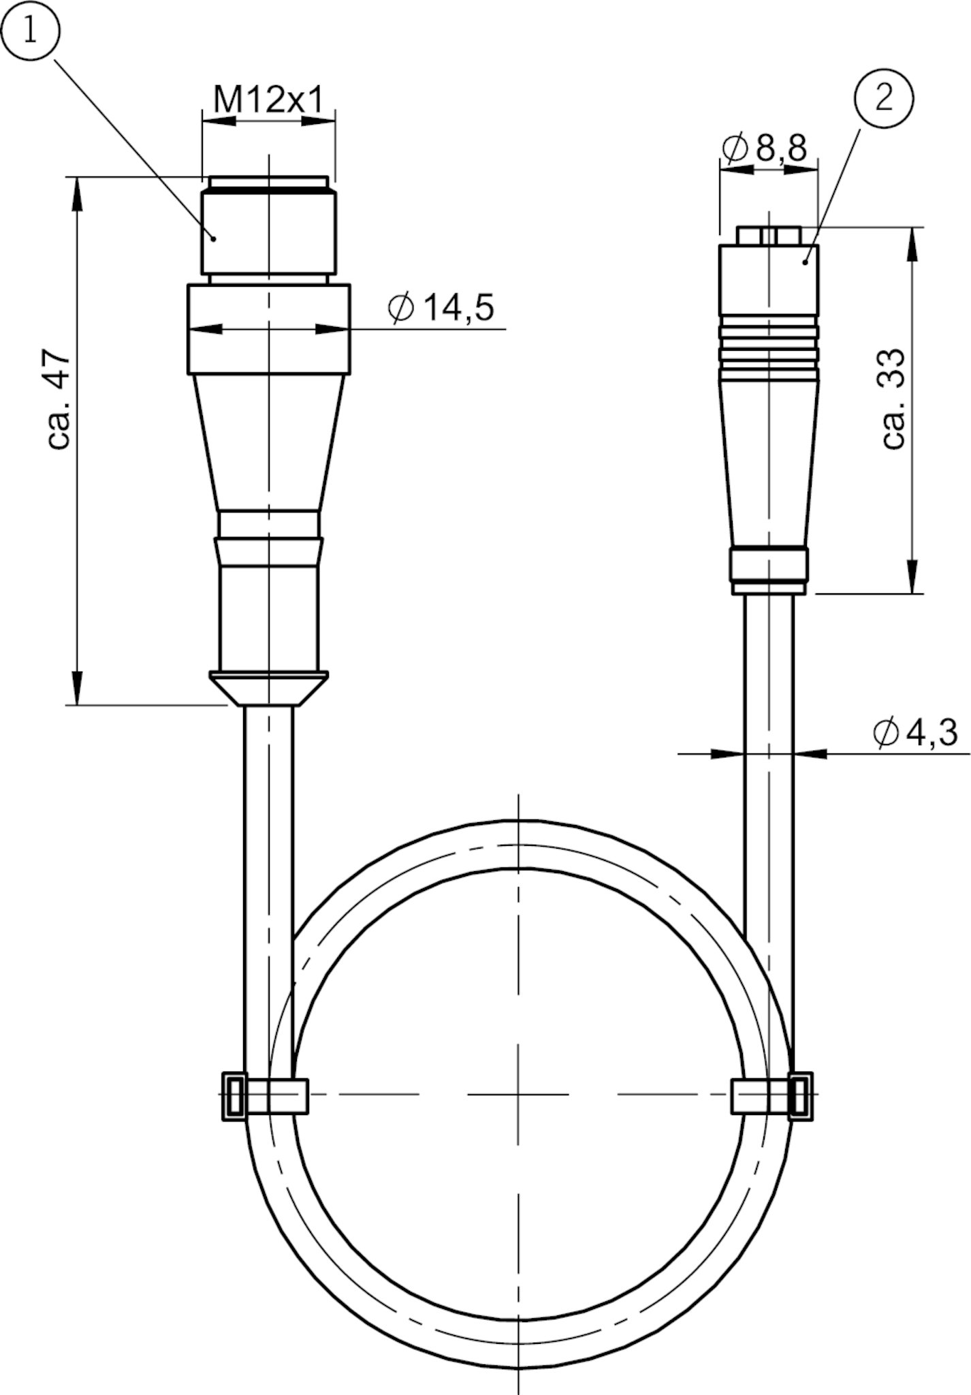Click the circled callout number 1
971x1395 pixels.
[x=30, y=32]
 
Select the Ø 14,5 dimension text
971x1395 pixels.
[x=441, y=308]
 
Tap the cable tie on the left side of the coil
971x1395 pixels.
[x=265, y=1095]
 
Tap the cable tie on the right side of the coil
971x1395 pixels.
[x=772, y=1095]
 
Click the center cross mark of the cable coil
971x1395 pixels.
[x=518, y=1095]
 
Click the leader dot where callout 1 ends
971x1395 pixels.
[x=214, y=238]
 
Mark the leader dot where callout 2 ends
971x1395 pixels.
[x=806, y=261]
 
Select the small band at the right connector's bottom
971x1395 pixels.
[x=769, y=563]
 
